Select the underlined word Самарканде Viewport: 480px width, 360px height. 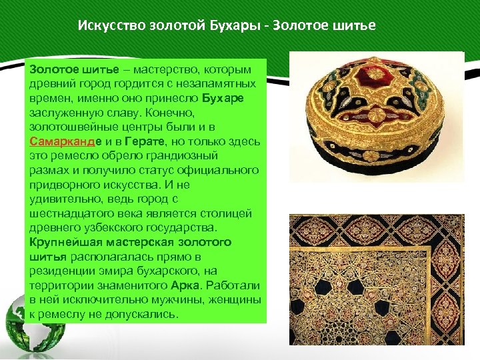(64, 142)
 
